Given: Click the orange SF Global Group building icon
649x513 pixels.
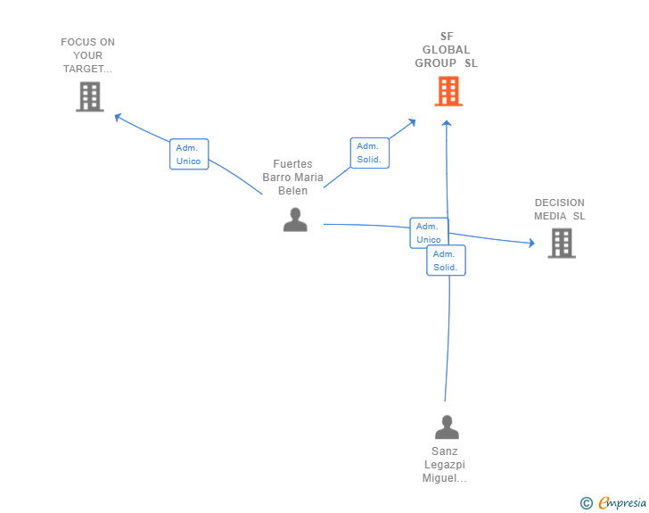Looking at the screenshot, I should point(448,91).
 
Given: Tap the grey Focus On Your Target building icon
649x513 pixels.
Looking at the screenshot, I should point(90,96).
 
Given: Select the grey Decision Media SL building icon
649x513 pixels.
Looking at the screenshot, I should point(561,243).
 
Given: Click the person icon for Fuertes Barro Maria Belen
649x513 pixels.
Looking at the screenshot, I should point(295,219).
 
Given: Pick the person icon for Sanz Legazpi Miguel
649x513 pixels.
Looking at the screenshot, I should point(447,427).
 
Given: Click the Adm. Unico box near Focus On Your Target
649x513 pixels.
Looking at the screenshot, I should point(189,154).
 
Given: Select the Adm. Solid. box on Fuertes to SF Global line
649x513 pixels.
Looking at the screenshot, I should point(369,153).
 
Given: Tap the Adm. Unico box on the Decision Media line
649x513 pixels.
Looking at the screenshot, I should point(429,233).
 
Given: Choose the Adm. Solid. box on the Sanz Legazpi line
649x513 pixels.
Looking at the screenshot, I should point(445,261).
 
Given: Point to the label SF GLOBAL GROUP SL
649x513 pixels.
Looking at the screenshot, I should point(447,50).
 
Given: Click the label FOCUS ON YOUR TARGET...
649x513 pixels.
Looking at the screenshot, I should point(88,55).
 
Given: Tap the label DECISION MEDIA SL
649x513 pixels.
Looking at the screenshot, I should point(560,209).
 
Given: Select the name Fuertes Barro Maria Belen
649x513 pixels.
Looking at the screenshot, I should point(292,177).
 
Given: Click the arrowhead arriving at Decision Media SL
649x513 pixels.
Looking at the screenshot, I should point(530,243).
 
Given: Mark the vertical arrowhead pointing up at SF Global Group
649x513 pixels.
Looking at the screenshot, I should point(448,123).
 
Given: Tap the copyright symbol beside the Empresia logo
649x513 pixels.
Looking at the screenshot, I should point(586,503).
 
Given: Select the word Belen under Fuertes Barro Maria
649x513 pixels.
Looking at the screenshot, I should point(292,190).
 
